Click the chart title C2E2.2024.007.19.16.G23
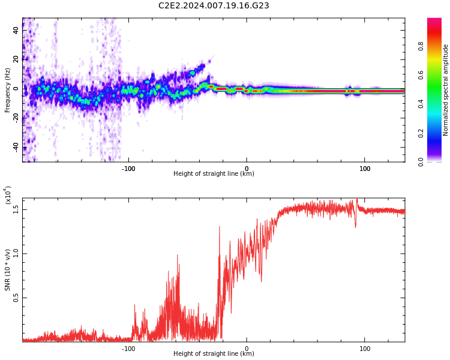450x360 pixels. (x=214, y=6)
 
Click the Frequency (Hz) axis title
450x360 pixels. (x=8, y=90)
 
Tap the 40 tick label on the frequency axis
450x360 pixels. (x=16, y=30)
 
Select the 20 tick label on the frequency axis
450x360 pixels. (x=16, y=59)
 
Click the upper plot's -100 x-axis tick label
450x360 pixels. (x=128, y=168)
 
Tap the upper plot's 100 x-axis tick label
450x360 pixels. (x=364, y=168)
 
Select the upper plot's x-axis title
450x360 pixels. (x=214, y=174)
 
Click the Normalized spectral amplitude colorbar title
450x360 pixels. (x=446, y=90)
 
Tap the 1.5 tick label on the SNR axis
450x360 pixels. (x=16, y=209)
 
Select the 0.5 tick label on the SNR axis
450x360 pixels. (x=16, y=298)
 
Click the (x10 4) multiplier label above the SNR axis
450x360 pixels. (x=8, y=195)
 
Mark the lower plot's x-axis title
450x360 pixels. (x=214, y=354)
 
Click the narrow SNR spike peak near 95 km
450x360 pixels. (x=357, y=200)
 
